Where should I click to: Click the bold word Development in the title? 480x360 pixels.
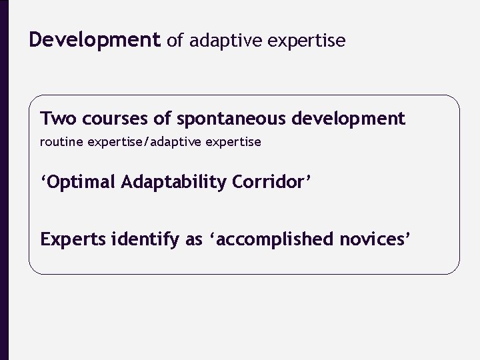(95, 41)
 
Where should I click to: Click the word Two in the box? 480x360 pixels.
(56, 119)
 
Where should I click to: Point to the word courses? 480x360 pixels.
(108, 119)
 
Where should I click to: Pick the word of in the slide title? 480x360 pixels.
(175, 41)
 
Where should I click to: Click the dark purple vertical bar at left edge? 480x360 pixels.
(4, 180)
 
